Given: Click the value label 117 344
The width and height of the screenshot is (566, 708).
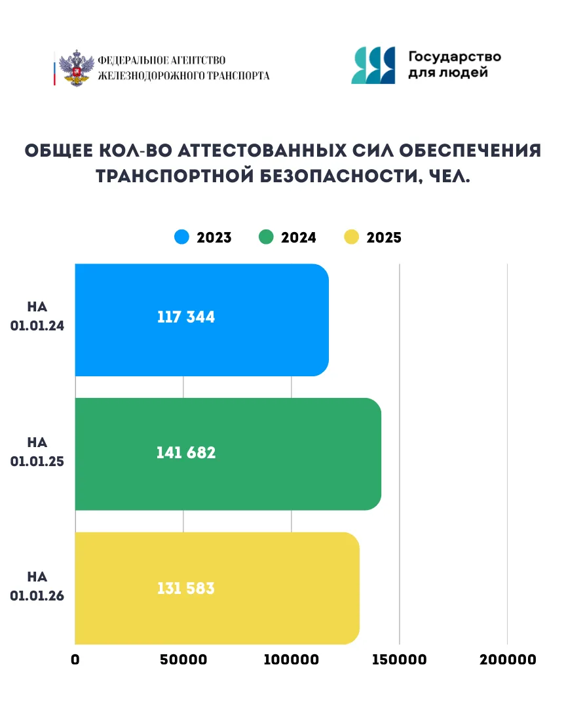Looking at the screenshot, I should (x=186, y=318).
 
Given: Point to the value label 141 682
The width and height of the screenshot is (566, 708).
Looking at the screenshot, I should (x=186, y=453).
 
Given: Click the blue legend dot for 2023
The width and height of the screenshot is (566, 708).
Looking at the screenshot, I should (x=181, y=237).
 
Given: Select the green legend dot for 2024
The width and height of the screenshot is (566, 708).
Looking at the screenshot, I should (x=266, y=237).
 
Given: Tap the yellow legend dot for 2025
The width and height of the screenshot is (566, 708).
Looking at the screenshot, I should (x=352, y=237).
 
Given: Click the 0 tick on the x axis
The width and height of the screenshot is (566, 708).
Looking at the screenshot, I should (x=75, y=660).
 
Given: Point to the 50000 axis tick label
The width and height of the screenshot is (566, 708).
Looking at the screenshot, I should (x=183, y=660).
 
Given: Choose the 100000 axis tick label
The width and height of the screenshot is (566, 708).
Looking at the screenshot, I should (x=291, y=660).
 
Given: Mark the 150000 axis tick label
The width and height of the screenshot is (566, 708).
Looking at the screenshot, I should (x=399, y=660).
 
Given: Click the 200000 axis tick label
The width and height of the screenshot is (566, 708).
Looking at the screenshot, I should (x=508, y=660).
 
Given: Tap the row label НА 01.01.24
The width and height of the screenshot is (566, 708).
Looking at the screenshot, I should (x=37, y=317).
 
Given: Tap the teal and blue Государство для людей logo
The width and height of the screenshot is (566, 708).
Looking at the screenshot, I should (x=373, y=66).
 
